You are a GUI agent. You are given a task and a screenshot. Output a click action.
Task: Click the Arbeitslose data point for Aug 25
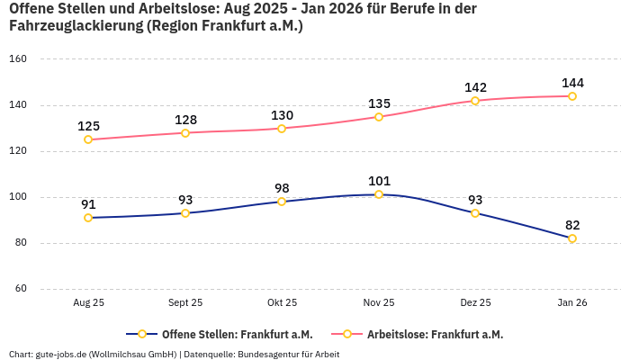coord(88,139)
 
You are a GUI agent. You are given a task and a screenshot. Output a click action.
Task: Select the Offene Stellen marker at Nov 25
coord(379,194)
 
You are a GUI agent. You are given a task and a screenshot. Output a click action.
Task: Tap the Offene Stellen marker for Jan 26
coord(572,238)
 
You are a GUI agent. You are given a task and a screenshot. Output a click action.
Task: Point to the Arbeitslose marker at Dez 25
coord(475,101)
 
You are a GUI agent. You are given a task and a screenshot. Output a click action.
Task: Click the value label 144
coord(572,83)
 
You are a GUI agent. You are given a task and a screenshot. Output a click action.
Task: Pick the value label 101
coord(379,181)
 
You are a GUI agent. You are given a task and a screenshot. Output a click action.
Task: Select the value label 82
coord(572,225)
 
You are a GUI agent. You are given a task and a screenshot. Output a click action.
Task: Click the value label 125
coord(88,126)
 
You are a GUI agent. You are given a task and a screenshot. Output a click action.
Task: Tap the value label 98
coord(282,188)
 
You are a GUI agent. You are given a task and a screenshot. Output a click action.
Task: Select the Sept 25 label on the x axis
coord(185,303)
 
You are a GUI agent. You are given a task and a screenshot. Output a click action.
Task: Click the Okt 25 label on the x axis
coord(282,303)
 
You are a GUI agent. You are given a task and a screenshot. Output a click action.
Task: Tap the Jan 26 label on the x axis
coord(572,303)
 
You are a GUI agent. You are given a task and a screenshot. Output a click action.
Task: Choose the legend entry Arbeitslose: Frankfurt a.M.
coord(435,334)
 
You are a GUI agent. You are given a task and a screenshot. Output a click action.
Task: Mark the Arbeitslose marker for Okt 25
coord(282,128)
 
